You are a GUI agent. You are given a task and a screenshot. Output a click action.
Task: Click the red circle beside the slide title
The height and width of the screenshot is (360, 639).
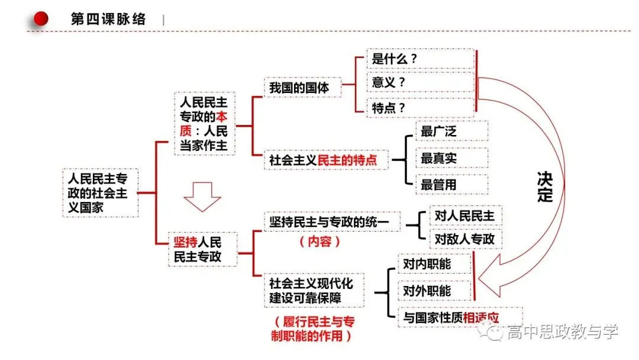(x=41, y=19)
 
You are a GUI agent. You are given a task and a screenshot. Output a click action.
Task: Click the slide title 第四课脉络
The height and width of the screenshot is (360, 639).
(x=108, y=19)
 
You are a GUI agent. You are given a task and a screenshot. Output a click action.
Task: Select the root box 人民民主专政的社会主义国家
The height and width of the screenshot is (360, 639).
(x=100, y=193)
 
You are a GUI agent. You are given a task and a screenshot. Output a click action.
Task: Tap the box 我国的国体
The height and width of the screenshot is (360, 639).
(x=302, y=87)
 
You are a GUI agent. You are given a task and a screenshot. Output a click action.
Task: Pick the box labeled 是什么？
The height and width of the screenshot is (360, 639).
(x=420, y=59)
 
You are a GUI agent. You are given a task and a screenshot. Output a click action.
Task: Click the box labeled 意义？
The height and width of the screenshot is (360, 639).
(x=420, y=82)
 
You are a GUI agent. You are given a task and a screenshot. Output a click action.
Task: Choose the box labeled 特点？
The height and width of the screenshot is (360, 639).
(x=420, y=108)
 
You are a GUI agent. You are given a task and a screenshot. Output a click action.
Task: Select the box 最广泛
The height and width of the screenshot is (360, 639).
(x=451, y=131)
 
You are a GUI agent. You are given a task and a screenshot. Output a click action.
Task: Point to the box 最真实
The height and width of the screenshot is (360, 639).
(x=451, y=158)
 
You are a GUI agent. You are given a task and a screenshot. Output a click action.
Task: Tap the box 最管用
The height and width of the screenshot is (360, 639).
(x=451, y=185)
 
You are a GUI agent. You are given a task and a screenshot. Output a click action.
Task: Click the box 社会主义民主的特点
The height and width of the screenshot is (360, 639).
(x=326, y=160)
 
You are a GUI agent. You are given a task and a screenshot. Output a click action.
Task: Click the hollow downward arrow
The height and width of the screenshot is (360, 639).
(x=202, y=197)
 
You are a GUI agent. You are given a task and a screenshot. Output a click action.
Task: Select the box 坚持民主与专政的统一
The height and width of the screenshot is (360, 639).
(x=332, y=222)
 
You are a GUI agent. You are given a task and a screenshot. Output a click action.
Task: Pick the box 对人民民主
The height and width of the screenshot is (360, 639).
(x=466, y=216)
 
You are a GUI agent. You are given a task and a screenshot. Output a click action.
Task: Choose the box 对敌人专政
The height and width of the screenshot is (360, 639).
(x=466, y=239)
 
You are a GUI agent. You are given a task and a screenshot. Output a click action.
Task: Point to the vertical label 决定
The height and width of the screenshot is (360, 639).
(x=545, y=187)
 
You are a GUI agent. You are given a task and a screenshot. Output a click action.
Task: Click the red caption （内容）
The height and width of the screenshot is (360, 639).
(x=320, y=242)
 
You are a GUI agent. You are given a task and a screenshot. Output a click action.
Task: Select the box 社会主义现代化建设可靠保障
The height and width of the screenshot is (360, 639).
(x=314, y=290)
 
